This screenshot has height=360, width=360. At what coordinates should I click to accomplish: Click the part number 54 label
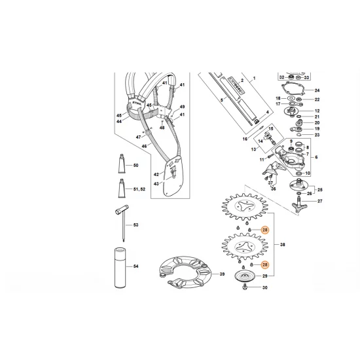coord(137,268)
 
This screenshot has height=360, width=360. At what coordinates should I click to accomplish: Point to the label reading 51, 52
coord(139,189)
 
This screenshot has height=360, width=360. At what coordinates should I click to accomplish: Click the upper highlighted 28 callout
coord(264,230)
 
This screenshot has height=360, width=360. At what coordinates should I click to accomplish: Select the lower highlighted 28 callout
coord(264,264)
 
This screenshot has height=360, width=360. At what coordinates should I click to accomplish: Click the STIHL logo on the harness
coord(136,104)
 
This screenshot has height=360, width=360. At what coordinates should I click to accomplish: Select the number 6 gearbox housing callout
coord(316,158)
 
